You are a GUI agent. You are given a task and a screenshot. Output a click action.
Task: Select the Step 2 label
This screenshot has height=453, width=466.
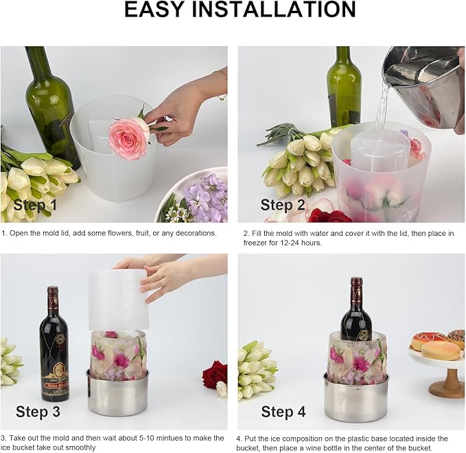click(283, 204)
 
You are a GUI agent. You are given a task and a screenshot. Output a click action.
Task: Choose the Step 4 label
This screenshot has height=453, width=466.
click(283, 412)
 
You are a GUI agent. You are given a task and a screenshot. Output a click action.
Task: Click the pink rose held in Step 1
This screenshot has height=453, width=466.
click(129, 137)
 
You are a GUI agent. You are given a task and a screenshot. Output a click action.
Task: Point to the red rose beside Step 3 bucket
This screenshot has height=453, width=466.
click(215, 375)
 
